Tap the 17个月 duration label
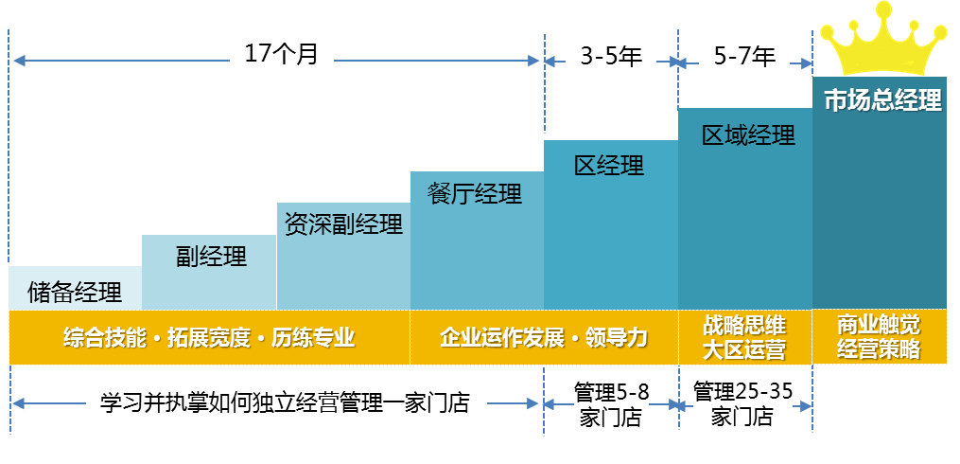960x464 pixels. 282,56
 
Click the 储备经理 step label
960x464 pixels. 75,291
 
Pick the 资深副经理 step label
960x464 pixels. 343,224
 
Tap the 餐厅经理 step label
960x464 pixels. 475,194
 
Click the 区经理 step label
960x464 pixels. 609,166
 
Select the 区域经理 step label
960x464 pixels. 747,135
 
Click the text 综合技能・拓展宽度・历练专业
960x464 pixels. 209,337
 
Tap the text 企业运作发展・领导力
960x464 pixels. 543,337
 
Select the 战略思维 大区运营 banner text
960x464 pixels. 744,337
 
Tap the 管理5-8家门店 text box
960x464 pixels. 610,404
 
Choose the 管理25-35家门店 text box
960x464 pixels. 743,404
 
